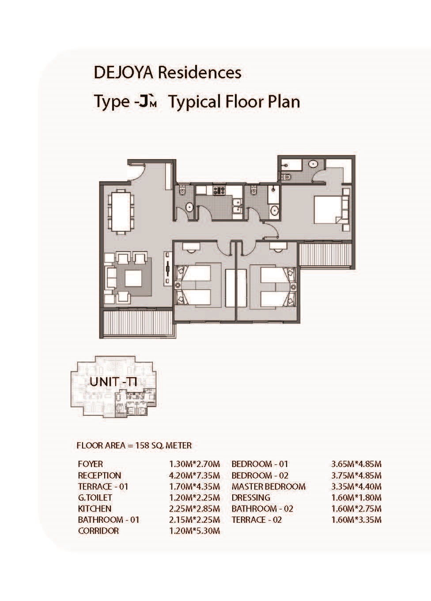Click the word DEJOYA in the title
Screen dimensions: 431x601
coord(123,73)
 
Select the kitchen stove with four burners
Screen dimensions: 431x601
coord(219,190)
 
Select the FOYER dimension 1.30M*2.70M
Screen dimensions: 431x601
coord(194,464)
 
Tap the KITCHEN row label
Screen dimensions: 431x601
coord(95,509)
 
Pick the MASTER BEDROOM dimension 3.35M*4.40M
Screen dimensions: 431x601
coord(356,486)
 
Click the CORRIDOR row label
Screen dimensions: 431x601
coord(98,531)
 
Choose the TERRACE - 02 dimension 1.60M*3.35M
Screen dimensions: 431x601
coord(356,520)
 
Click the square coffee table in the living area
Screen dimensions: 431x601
coord(133,278)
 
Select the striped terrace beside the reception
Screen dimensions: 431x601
coord(138,322)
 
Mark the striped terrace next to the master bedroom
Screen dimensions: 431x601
coord(325,254)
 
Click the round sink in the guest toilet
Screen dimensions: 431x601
coord(189,207)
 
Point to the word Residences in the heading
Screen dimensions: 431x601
coord(200,73)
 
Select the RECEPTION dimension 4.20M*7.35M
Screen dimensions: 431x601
coord(194,475)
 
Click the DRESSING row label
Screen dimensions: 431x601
coord(251,498)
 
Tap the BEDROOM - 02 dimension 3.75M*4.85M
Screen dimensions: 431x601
coord(356,475)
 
